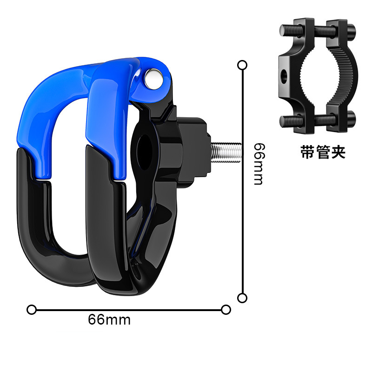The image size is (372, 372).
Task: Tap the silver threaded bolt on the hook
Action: [x=227, y=151]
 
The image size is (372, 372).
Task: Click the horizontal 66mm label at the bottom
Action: [x=109, y=320]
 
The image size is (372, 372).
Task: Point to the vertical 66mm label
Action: [x=259, y=163]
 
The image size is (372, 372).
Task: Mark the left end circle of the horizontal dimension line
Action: [x=31, y=309]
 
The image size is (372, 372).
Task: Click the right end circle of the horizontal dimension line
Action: [x=226, y=309]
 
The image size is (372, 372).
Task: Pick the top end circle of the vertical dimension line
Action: [x=242, y=65]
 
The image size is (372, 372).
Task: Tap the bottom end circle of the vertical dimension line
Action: [x=242, y=298]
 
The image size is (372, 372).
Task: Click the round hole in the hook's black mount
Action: [x=148, y=149]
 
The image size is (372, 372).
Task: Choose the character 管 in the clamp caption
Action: [x=323, y=153]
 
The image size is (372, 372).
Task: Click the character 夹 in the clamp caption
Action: [x=339, y=153]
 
